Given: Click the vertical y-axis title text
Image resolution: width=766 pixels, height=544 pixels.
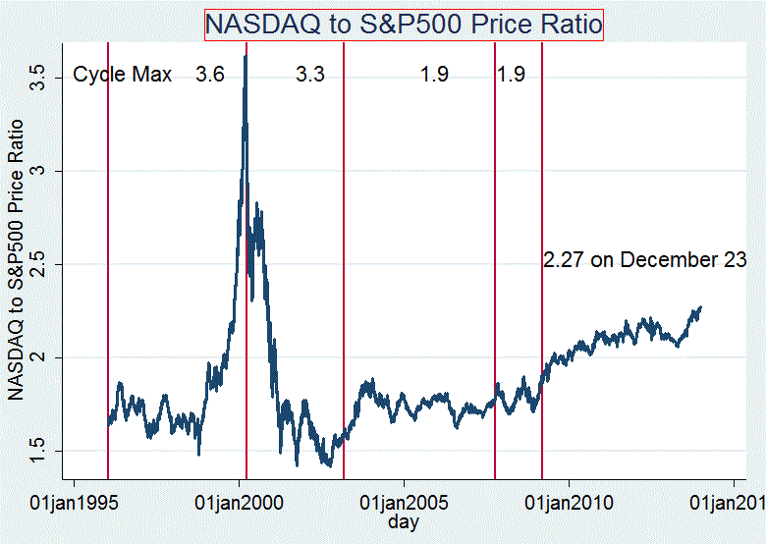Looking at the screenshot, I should (17, 258).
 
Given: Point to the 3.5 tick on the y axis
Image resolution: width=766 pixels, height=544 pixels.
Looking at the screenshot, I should (37, 78).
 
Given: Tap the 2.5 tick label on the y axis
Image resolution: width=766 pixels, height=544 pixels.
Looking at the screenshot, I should (37, 264).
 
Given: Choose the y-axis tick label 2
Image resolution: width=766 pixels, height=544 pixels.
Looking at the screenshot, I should (37, 357).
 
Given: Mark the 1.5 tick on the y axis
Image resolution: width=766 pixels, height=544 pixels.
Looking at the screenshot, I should (37, 451).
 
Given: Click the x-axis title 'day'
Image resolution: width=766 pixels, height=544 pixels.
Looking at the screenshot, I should (404, 522).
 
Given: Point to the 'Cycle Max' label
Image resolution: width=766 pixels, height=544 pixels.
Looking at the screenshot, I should (123, 75).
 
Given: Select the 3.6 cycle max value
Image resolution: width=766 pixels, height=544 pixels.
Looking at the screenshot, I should (209, 75).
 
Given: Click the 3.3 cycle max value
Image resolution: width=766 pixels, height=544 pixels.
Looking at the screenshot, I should (309, 75).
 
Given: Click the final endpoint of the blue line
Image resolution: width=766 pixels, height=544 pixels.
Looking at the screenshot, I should (701, 306).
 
